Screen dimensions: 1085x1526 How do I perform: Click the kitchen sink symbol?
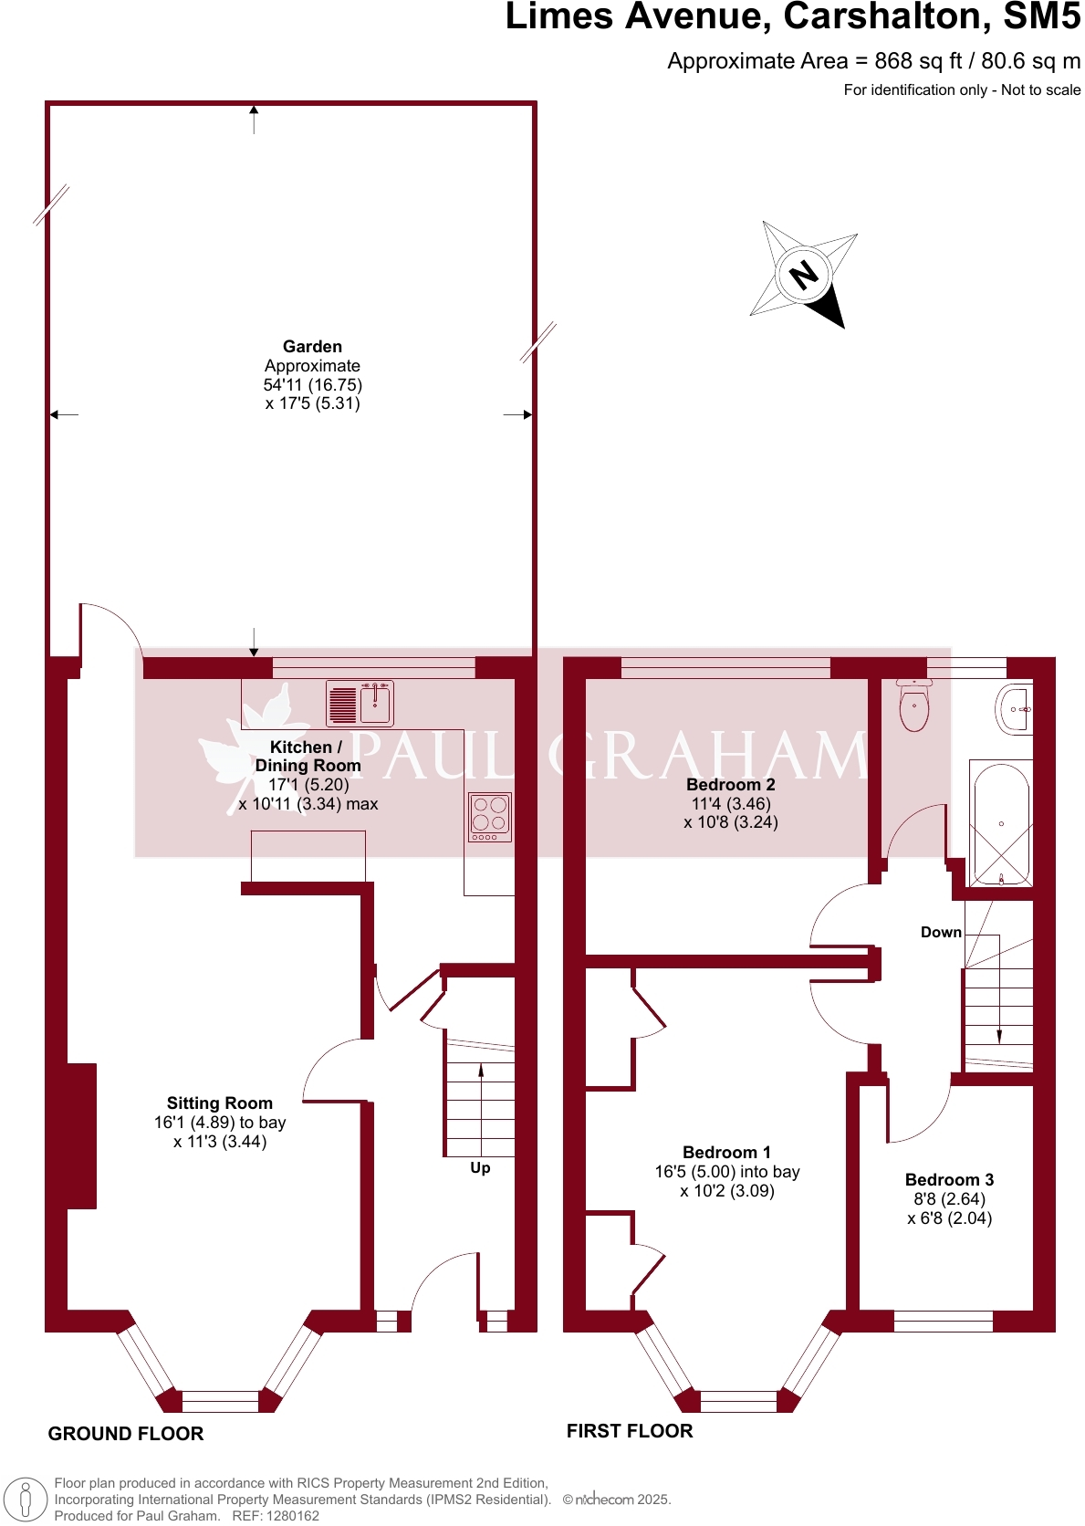pos(360,703)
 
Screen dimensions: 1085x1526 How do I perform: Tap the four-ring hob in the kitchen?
pos(490,817)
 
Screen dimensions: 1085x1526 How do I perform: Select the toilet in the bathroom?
pos(914,705)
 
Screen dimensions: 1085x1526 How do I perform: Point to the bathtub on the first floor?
pos(1000,823)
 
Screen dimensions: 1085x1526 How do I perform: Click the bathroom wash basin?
pos(1014,709)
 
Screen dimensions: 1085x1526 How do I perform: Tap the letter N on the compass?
pos(804,275)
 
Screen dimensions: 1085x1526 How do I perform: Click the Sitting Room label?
pos(219,1103)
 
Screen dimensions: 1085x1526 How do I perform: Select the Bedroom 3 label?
pos(949,1179)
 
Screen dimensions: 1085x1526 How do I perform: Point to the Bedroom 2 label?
pos(731,784)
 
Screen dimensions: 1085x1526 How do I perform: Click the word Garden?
pos(313,346)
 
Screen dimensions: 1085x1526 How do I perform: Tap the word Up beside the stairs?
pos(480,1167)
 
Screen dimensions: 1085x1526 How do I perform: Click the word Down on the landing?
pos(942,932)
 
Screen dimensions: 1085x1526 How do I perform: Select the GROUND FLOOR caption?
pos(126,1433)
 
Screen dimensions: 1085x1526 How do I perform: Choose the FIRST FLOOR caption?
pos(630,1431)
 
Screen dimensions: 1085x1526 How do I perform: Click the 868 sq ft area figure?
pos(918,61)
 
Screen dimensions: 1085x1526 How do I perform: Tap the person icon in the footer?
pos(26,1500)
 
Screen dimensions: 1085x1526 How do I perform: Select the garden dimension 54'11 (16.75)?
pos(313,385)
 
